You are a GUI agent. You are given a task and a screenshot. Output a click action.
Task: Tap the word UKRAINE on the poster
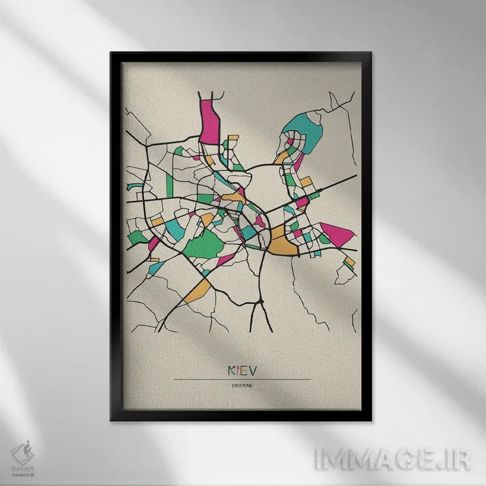pyautogui.click(x=243, y=386)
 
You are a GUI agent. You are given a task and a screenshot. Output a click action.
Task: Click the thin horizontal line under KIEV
pyautogui.click(x=243, y=379)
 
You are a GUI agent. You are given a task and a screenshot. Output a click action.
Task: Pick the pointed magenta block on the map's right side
pyautogui.click(x=337, y=234)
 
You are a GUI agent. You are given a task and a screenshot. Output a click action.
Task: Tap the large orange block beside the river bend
pyautogui.click(x=281, y=242)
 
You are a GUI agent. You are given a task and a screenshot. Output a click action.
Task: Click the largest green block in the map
pyautogui.click(x=207, y=246)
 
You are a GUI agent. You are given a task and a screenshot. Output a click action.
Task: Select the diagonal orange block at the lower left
pyautogui.click(x=197, y=292)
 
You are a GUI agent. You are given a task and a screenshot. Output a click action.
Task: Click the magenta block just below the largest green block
pyautogui.click(x=225, y=260)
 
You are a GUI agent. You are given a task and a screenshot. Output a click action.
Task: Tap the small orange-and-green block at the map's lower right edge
pyautogui.click(x=350, y=262)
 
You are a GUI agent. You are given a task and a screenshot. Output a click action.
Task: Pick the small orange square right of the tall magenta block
pyautogui.click(x=233, y=137)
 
